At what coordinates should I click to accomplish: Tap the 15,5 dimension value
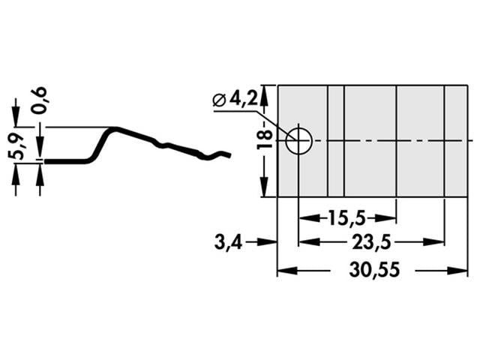pyautogui.click(x=346, y=218)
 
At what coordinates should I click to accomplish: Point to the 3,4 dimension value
pyautogui.click(x=227, y=242)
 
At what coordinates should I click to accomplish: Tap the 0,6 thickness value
pyautogui.click(x=40, y=100)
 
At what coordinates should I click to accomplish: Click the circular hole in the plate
pyautogui.click(x=298, y=140)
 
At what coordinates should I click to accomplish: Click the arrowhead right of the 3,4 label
pyautogui.click(x=272, y=242)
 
